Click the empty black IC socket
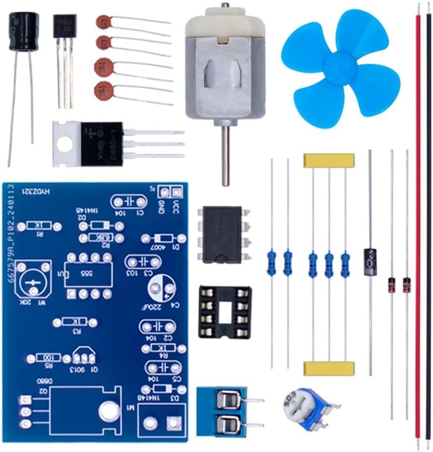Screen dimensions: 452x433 225,312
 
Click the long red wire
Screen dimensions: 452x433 418,223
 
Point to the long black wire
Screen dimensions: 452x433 428,223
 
